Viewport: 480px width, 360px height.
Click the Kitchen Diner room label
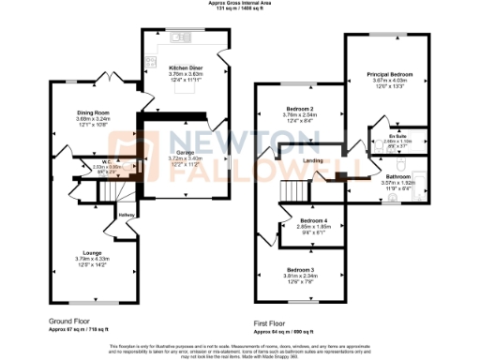pos(187,68)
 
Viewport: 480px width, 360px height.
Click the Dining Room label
pos(93,112)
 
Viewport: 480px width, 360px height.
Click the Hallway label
pos(127,215)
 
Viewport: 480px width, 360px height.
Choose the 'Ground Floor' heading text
pos(75,320)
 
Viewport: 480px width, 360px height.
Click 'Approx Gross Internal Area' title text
pos(240,3)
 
